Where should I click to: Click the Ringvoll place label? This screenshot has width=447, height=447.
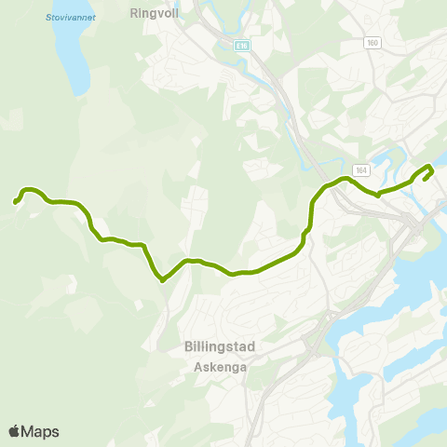[x=154, y=15]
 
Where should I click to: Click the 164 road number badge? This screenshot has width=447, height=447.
[x=361, y=169]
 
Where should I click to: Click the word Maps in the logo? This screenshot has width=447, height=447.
[x=40, y=431]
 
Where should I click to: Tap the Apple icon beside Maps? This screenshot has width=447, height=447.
[x=14, y=430]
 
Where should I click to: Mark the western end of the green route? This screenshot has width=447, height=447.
[x=16, y=201]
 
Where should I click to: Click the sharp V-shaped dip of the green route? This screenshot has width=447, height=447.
[x=161, y=279]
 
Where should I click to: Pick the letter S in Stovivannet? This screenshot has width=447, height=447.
[x=47, y=17]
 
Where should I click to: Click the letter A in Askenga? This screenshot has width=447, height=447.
[x=197, y=367]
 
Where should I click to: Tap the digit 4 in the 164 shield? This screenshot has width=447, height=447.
[x=366, y=169]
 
